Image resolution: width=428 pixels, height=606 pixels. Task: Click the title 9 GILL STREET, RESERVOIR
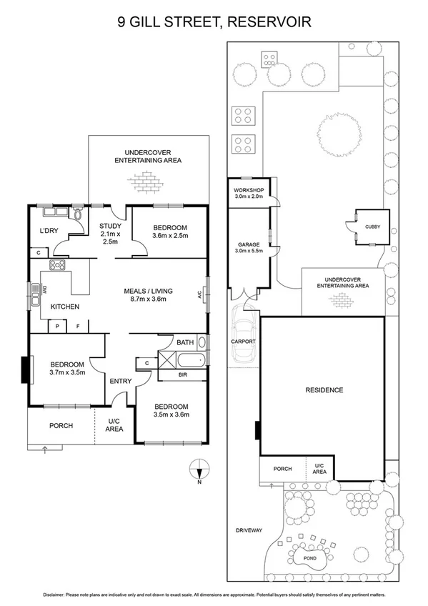(214, 22)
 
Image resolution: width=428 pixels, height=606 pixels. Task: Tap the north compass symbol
(199, 470)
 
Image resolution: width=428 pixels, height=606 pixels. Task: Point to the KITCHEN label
(64, 307)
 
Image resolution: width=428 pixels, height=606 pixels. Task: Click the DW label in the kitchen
(44, 289)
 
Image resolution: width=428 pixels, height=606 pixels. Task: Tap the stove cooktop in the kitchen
(56, 265)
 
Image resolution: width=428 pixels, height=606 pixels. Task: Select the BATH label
(185, 343)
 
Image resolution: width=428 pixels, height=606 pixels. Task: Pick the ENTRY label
(120, 381)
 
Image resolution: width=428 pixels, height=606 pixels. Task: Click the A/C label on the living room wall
(199, 294)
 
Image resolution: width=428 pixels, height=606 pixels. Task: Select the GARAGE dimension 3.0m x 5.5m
(249, 252)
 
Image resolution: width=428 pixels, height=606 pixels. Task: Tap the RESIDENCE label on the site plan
(324, 390)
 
